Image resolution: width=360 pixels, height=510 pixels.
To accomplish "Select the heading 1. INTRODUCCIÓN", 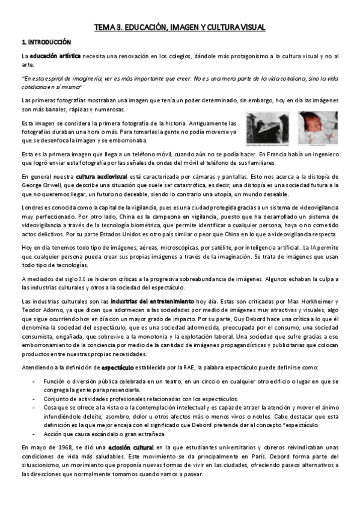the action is click(x=46, y=42).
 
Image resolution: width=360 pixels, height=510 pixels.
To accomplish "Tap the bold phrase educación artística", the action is click(x=56, y=56).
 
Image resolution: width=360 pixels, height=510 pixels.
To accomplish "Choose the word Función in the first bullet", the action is click(x=55, y=364).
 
